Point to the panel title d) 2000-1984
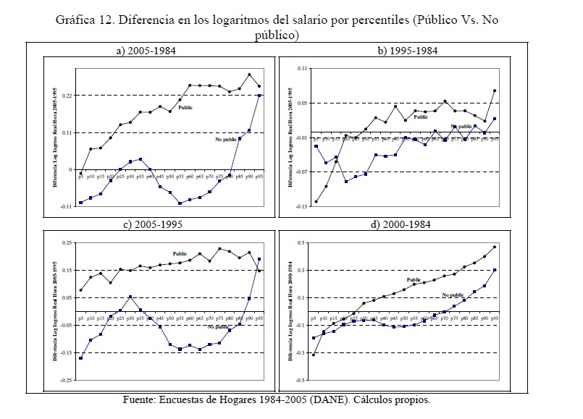click(401, 225)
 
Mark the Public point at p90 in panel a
click(249, 75)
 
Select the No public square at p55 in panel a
click(180, 203)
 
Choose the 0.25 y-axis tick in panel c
click(67, 243)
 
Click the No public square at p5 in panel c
click(80, 358)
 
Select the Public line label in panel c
click(180, 253)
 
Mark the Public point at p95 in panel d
click(495, 247)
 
